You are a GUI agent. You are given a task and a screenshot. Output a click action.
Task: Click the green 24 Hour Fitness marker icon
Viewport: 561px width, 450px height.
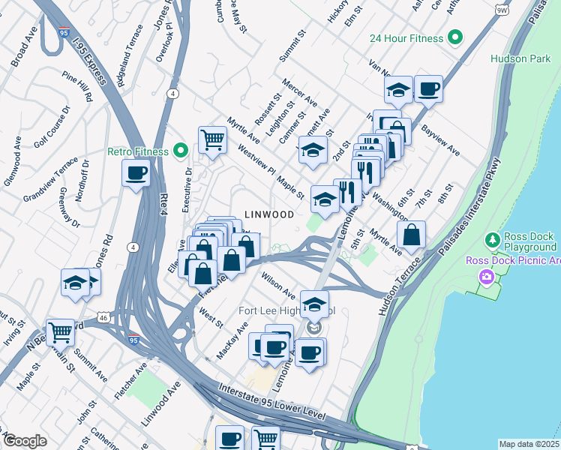(454, 37)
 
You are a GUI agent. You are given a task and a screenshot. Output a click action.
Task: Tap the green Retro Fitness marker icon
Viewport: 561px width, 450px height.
(180, 151)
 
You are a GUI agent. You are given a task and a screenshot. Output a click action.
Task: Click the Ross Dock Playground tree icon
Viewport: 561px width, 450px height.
(492, 240)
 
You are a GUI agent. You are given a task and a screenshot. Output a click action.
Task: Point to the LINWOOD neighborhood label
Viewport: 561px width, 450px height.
(269, 214)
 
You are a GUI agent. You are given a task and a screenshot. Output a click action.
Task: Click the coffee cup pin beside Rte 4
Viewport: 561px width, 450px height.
(136, 174)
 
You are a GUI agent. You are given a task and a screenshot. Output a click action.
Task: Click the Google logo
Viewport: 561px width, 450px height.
(25, 440)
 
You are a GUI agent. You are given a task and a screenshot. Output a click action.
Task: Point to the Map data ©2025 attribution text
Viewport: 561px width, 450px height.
(528, 444)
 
